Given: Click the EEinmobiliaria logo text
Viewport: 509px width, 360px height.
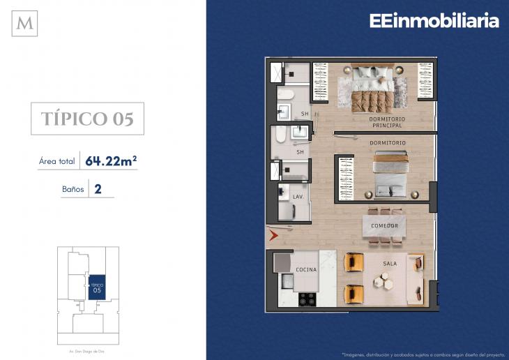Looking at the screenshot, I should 434,21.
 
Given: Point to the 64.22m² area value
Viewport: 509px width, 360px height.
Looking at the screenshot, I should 110,161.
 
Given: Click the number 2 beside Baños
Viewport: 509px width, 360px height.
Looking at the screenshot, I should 98,188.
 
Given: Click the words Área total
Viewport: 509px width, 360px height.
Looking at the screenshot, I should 57,162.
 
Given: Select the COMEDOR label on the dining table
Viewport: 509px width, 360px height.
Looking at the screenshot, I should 384,226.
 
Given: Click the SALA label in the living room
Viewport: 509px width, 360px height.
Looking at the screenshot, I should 390,264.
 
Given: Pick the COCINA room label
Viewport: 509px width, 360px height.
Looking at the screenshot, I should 306,269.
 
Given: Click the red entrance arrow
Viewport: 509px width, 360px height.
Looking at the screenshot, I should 273,236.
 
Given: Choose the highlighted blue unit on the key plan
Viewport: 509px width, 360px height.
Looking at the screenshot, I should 96,287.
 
